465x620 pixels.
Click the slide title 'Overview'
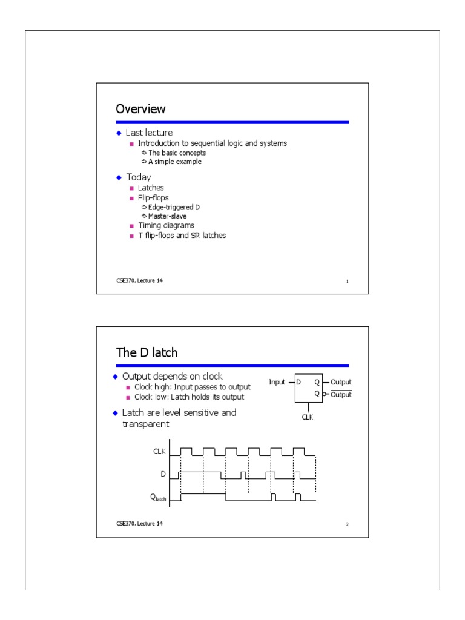pos(140,110)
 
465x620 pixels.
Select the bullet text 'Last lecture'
pos(149,133)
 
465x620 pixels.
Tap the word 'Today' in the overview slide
pos(138,177)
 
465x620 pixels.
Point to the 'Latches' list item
pos(151,188)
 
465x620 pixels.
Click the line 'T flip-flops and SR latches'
pos(182,235)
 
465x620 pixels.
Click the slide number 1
pos(347,282)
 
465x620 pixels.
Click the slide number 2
pos(347,524)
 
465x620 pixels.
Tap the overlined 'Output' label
pos(340,394)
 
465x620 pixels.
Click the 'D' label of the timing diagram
pos(163,473)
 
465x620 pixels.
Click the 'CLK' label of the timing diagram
pos(159,451)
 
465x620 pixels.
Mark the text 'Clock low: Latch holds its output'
pos(193,397)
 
